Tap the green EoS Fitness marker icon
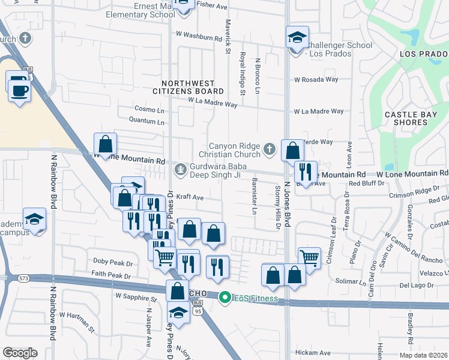point(225,296)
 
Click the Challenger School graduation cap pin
point(297,38)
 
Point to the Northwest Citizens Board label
point(192,86)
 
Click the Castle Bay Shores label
point(406,118)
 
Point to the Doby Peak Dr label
point(112,262)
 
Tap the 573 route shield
point(23,278)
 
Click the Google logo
point(20,352)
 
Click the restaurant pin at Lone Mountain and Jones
point(306,172)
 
